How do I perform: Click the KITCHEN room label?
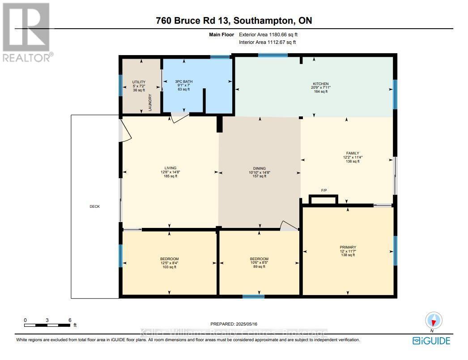pyautogui.click(x=320, y=84)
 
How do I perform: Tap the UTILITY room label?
pyautogui.click(x=139, y=82)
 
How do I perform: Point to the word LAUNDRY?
pyautogui.click(x=150, y=103)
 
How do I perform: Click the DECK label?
pyautogui.click(x=94, y=206)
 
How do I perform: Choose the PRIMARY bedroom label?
pyautogui.click(x=348, y=247)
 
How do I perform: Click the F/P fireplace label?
pyautogui.click(x=324, y=191)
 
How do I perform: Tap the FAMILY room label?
pyautogui.click(x=353, y=153)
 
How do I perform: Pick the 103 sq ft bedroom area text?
pyautogui.click(x=170, y=267)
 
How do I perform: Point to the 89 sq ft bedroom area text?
pyautogui.click(x=259, y=266)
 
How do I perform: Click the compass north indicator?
pyautogui.click(x=433, y=321)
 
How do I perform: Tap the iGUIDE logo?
pyautogui.click(x=431, y=340)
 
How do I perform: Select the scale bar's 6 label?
pyautogui.click(x=70, y=320)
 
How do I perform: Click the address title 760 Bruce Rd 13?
pyautogui.click(x=193, y=21)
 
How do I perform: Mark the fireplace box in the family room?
pyautogui.click(x=323, y=199)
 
